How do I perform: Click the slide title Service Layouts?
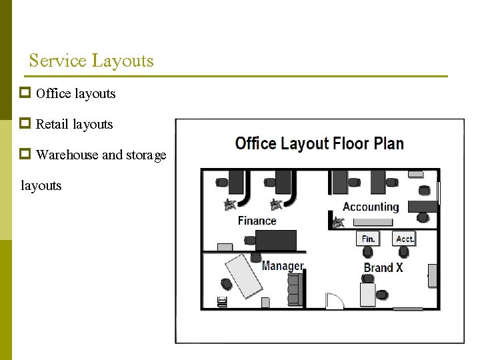91,60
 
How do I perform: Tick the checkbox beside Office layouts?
25,93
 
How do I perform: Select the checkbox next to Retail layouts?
25,123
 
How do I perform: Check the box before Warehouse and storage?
25,154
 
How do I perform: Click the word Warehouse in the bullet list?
67,155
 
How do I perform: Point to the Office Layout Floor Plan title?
319,143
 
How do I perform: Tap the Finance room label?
257,221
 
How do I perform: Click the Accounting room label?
371,207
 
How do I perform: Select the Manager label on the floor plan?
283,266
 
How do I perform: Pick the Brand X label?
383,267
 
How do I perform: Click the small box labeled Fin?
368,239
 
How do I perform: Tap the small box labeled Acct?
404,239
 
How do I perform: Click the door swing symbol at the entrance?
335,300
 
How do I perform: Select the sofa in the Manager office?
295,289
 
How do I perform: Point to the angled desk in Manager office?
244,276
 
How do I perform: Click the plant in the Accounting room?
338,223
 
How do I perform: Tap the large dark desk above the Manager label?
276,241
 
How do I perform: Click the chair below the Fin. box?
367,252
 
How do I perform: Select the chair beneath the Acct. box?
404,252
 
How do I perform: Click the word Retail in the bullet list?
52,124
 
